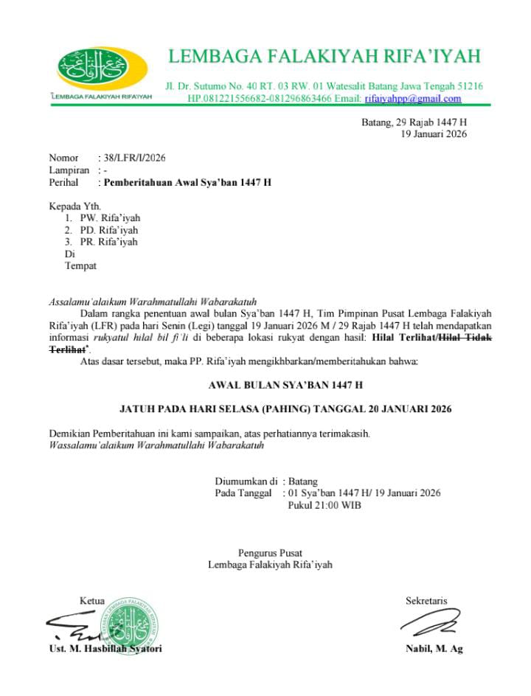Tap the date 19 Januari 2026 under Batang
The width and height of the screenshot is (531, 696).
(434, 133)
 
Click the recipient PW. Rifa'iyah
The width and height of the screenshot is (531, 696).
(110, 218)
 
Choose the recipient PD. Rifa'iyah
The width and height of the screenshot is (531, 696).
(110, 230)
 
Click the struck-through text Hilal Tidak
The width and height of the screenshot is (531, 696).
(465, 338)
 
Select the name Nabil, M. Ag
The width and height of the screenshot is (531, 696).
(434, 649)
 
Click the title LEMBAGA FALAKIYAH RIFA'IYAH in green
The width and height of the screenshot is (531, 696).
(324, 56)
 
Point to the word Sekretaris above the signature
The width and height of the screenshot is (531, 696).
(426, 601)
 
